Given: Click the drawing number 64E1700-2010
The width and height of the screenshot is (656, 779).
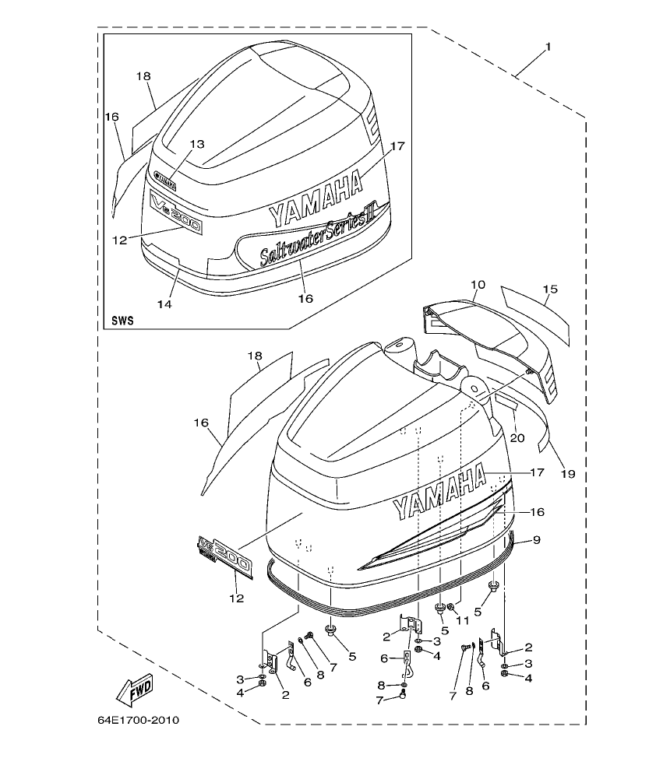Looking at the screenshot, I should coord(133,721).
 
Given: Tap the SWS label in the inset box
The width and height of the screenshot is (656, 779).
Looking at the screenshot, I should coord(122,320).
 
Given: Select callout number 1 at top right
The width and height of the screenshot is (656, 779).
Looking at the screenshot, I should coord(548,47).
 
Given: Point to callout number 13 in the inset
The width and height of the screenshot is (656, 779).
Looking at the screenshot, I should coord(175,145).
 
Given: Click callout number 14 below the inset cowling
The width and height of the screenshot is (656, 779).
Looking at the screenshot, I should coord(164,304).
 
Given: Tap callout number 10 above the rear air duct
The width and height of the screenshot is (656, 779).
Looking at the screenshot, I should coord(478,285).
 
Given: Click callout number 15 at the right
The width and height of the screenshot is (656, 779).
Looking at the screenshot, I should coord(551,289).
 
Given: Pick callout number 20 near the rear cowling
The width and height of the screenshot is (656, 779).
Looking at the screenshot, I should coord(517,438).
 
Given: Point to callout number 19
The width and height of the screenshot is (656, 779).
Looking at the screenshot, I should coord(568,473).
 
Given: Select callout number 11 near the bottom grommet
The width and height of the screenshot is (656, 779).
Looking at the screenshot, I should coord(464,620).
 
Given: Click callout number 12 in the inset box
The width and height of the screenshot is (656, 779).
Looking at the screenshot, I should coord(118,240).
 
